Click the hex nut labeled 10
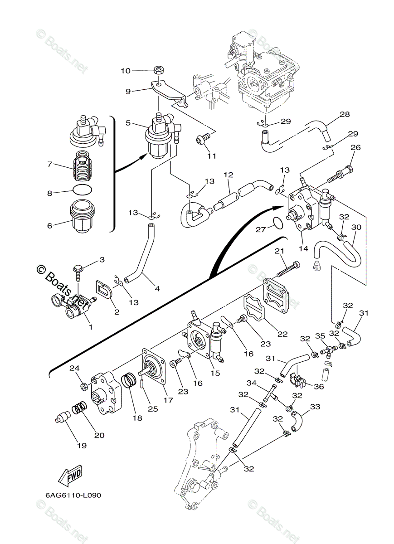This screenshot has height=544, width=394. pos(158,71)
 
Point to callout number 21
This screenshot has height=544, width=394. pos(279,251)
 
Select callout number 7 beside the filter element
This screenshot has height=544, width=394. pos(50,165)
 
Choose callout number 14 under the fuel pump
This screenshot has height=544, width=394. pos(304,248)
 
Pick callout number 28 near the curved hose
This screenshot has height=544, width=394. pos(345,114)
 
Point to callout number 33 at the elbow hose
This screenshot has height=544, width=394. pos(315,407)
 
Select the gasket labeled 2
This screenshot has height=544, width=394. pos(104,291)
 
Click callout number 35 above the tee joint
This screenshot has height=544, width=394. pos(320,336)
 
